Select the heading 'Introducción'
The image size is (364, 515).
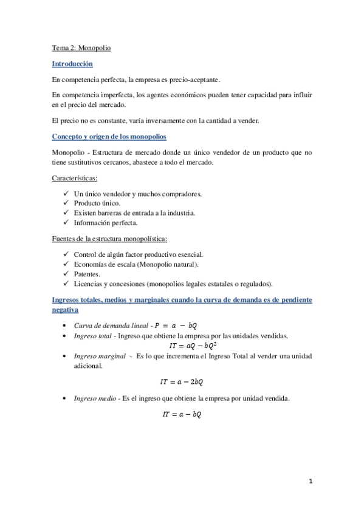tap(72, 63)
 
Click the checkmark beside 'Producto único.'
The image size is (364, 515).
tap(66, 203)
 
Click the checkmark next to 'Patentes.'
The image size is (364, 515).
tap(66, 274)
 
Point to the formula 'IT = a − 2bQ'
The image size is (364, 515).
tap(182, 381)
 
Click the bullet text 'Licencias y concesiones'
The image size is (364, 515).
tap(112, 284)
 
